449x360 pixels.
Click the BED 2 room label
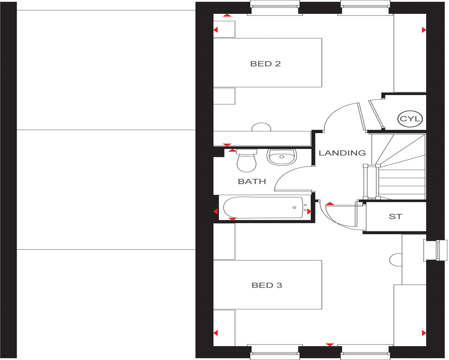coord(265,64)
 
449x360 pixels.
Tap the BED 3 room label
coord(267,285)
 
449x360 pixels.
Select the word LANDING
coord(342,153)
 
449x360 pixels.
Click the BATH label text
coord(252,181)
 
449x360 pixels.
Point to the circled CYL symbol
coord(410,119)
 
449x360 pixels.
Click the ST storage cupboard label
coord(395,217)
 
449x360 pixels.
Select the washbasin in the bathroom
coord(282,157)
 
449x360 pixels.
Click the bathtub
coord(263,208)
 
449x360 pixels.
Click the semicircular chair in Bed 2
coord(261,127)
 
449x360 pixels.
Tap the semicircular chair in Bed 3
coord(396,260)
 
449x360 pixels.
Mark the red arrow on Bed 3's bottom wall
coord(330,345)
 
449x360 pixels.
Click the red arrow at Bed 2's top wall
coord(227,15)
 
